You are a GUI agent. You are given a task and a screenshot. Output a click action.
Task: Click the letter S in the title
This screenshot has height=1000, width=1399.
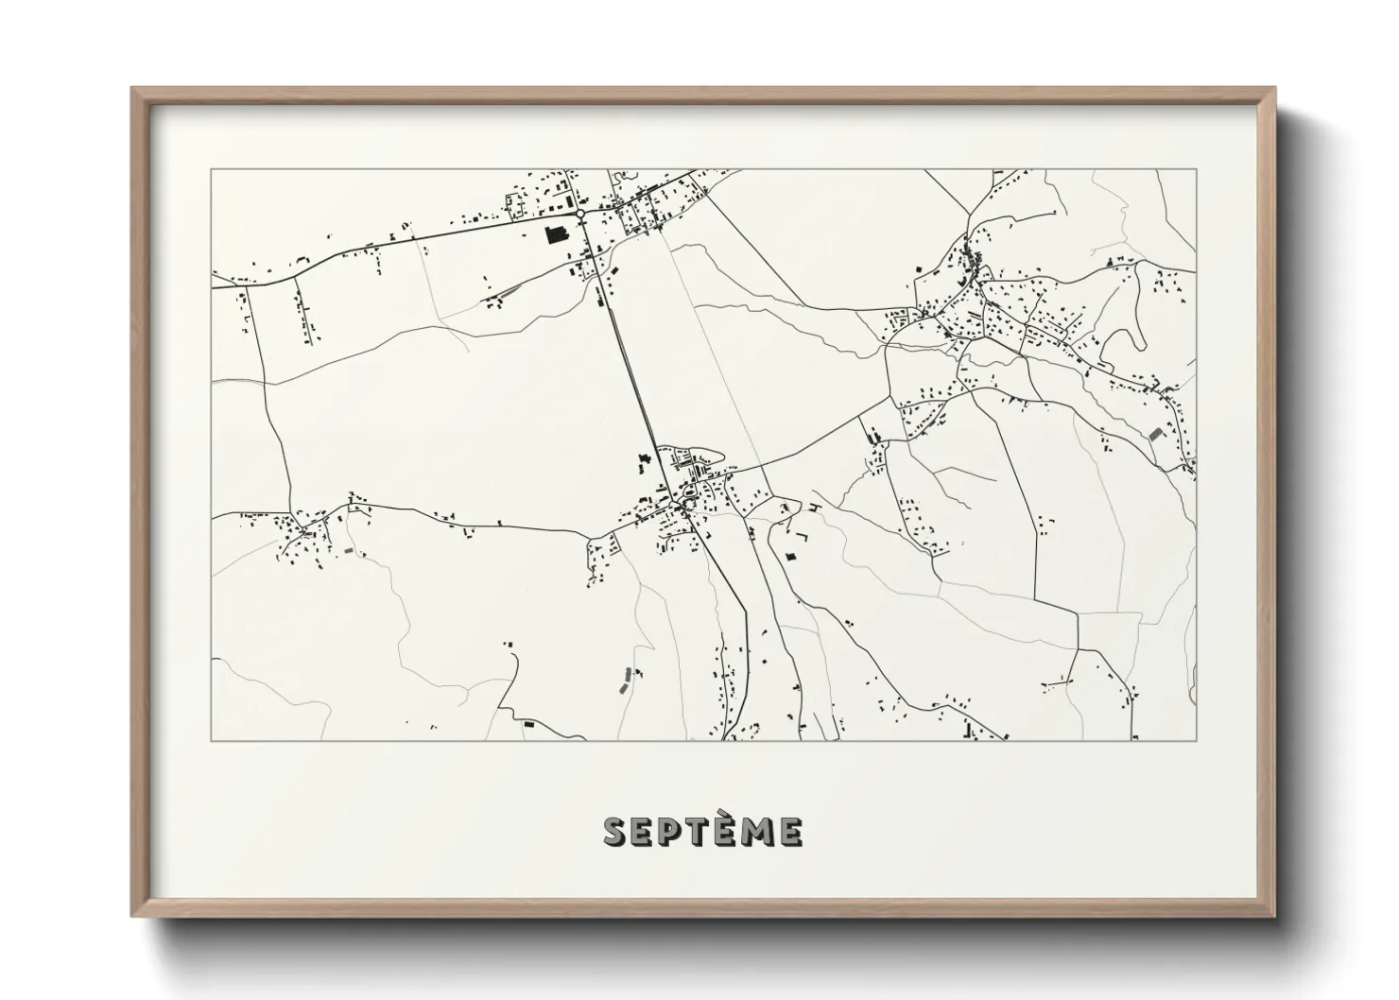615,832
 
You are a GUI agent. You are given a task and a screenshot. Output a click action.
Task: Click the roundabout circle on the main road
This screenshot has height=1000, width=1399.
579,215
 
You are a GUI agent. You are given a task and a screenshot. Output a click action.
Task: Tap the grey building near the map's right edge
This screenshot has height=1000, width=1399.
1154,433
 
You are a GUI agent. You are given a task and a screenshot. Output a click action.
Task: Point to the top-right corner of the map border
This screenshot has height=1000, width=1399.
1197,169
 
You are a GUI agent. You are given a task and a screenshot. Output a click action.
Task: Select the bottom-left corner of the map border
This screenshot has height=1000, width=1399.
211,740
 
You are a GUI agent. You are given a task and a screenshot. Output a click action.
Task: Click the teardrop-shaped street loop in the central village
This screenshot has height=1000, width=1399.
688,492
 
